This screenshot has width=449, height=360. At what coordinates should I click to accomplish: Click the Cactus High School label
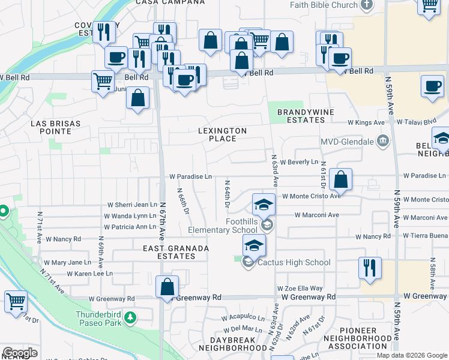[x=294, y=262]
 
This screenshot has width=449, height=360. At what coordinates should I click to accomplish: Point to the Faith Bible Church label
[x=324, y=5]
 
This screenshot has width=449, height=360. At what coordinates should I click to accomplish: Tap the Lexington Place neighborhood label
[x=223, y=134]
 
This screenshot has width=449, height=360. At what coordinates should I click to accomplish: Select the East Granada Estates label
[x=176, y=252]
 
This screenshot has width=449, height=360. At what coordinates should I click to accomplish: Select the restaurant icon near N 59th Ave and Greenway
[x=370, y=268]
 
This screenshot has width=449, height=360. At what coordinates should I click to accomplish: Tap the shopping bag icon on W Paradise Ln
[x=340, y=179]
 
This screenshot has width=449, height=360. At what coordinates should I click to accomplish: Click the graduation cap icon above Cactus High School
[x=254, y=245]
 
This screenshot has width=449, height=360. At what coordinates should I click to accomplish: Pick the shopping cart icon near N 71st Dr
[x=16, y=302]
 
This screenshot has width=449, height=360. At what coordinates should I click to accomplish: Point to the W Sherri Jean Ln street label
[x=131, y=205]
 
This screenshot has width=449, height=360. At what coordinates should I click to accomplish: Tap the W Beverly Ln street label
[x=299, y=162]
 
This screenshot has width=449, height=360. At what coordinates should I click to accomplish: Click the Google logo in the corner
[x=19, y=353]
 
